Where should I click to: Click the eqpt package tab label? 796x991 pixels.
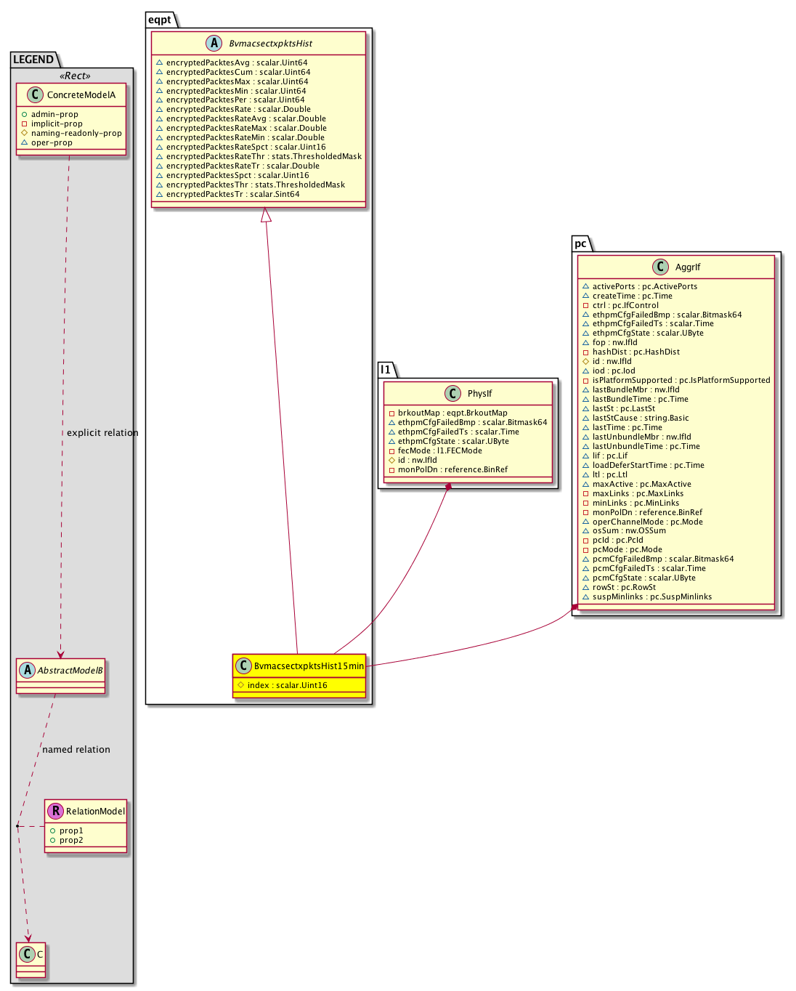[x=160, y=20]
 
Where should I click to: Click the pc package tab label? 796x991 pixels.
[x=580, y=243]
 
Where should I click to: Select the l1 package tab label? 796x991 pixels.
[x=386, y=370]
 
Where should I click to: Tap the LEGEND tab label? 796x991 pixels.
[x=33, y=60]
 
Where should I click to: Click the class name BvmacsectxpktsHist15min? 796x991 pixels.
[x=309, y=666]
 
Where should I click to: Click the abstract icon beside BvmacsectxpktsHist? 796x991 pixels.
[x=214, y=44]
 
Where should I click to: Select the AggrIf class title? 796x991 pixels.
[x=687, y=267]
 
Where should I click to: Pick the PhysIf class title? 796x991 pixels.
[x=479, y=393]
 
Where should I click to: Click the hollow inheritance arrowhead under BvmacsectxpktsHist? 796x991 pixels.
[x=266, y=215]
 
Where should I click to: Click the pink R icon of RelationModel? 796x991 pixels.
[x=55, y=811]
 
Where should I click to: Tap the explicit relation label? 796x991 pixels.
[x=102, y=433]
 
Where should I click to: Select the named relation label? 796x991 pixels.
[x=76, y=750]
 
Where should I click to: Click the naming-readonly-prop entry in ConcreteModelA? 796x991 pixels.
[x=76, y=133]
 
